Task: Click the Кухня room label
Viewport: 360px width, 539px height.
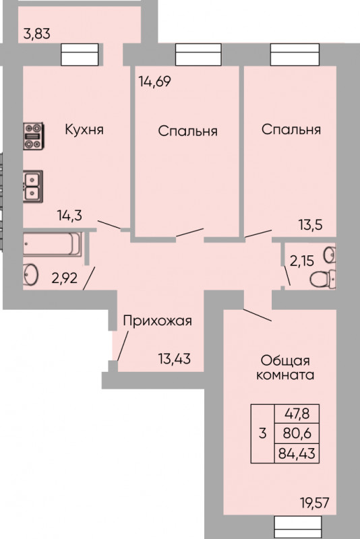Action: click(x=84, y=130)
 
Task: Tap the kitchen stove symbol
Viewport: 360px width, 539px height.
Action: click(x=33, y=136)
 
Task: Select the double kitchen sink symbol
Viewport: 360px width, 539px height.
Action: click(x=33, y=187)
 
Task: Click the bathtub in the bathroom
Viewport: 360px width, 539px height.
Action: click(x=53, y=244)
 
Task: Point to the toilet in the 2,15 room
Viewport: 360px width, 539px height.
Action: click(x=323, y=278)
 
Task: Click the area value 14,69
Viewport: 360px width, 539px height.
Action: click(x=154, y=82)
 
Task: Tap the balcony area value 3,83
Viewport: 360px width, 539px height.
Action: click(x=37, y=34)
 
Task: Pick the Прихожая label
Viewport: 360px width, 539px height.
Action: click(x=158, y=321)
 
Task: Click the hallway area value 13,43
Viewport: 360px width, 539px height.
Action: click(x=175, y=358)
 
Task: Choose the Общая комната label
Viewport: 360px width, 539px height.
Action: click(x=285, y=367)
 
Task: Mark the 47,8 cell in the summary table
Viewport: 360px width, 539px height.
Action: click(x=297, y=414)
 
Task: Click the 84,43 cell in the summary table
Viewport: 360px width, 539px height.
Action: click(x=297, y=453)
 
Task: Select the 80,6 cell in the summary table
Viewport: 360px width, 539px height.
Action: click(x=297, y=433)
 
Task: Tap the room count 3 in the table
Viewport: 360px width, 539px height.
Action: click(x=263, y=433)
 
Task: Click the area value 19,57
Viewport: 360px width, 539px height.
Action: click(x=314, y=503)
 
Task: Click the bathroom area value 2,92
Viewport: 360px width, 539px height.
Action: click(x=64, y=278)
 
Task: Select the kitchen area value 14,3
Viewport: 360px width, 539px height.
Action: click(x=69, y=216)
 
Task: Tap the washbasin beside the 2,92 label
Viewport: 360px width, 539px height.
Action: click(x=30, y=274)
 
